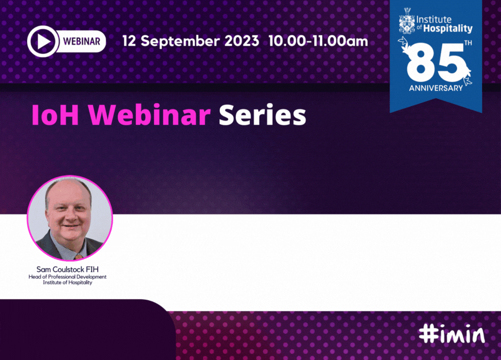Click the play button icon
tap(43, 41)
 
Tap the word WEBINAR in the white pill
tap(82, 42)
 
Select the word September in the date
tap(180, 41)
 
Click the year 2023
tap(241, 41)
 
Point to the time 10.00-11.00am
tap(318, 41)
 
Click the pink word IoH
tap(55, 115)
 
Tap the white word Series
tap(263, 115)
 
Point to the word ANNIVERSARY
tap(436, 88)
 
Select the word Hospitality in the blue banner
tap(447, 29)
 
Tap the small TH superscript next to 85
tap(468, 43)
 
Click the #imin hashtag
tap(452, 334)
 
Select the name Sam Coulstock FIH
tap(68, 269)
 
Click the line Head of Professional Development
tap(68, 276)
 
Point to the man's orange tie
tap(79, 256)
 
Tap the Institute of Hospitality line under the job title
tap(68, 282)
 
